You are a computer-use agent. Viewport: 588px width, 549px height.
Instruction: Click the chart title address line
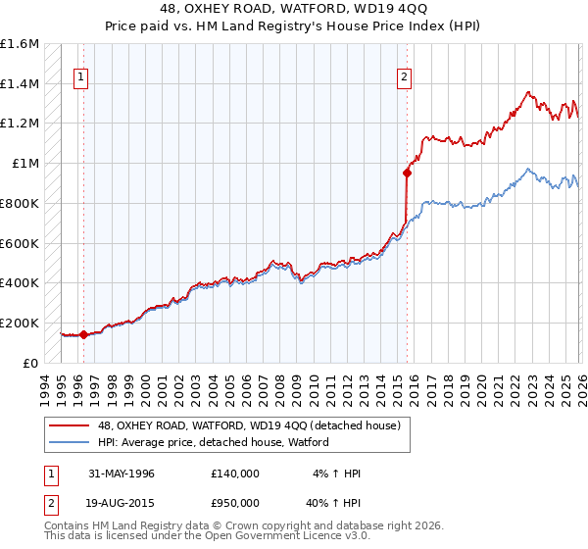coord(293,9)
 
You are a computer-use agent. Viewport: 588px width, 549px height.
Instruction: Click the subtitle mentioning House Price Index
coord(293,25)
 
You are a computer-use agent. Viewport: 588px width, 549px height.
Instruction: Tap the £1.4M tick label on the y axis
coord(20,84)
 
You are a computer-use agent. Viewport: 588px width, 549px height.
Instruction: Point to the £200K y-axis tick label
coord(20,323)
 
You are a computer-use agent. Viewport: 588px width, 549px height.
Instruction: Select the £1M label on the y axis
coord(24,164)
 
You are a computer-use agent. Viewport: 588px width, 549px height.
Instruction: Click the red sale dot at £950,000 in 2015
coord(407,174)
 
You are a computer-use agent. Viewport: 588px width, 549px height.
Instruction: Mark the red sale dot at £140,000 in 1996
coord(83,334)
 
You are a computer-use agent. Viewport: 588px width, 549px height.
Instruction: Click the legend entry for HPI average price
coord(213,443)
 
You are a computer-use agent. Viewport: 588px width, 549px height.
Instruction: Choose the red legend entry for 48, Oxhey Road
coord(248,426)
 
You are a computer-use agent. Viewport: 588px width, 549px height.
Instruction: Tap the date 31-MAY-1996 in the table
coord(122,474)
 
